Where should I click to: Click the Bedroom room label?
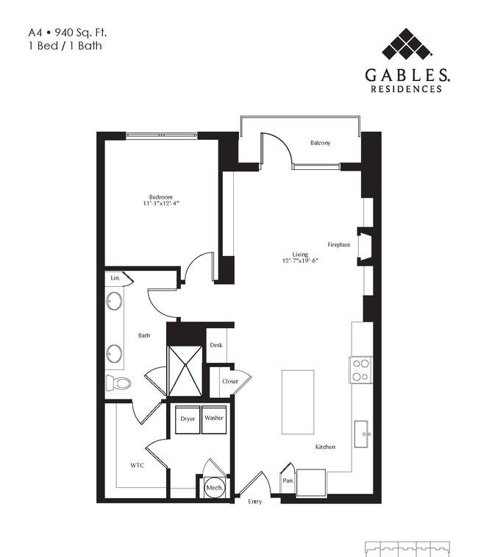click(161, 196)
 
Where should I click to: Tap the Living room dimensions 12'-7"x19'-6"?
click(300, 260)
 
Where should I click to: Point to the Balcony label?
click(321, 143)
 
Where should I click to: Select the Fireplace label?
click(339, 244)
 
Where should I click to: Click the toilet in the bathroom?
click(118, 383)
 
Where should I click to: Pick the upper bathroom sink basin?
click(114, 301)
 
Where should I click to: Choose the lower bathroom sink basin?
click(114, 354)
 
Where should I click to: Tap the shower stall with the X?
click(185, 372)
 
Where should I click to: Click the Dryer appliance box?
click(188, 419)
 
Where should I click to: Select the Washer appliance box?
click(214, 419)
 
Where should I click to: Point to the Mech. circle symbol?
click(215, 488)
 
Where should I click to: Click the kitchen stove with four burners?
click(360, 370)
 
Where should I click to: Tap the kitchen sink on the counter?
click(361, 434)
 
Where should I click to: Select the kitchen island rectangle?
click(298, 402)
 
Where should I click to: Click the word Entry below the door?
click(255, 502)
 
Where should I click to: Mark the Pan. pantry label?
click(288, 480)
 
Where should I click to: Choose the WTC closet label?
click(137, 465)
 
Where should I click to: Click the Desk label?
click(216, 345)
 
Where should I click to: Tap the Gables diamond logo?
click(407, 44)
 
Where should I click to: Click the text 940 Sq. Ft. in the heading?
click(81, 32)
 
